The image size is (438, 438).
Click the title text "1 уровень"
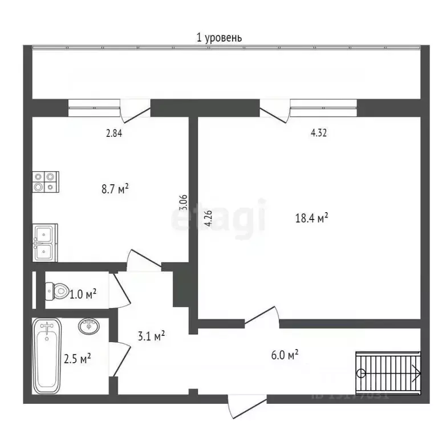click(x=219, y=38)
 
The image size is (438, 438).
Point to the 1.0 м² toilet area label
click(x=83, y=294)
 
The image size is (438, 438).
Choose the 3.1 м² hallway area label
click(x=151, y=336)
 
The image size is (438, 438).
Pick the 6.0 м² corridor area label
click(x=285, y=355)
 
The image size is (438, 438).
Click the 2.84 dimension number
click(x=113, y=134)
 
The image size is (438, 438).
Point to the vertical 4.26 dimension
click(x=209, y=219)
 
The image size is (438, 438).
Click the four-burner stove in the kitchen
click(x=46, y=181)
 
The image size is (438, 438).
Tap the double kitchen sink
click(x=46, y=243)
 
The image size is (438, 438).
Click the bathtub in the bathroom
click(x=47, y=356)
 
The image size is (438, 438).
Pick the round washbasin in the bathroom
click(x=88, y=327)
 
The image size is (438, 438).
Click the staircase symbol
click(x=389, y=373)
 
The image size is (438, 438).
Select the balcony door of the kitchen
click(x=135, y=109)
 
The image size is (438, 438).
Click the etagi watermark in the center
click(x=220, y=217)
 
